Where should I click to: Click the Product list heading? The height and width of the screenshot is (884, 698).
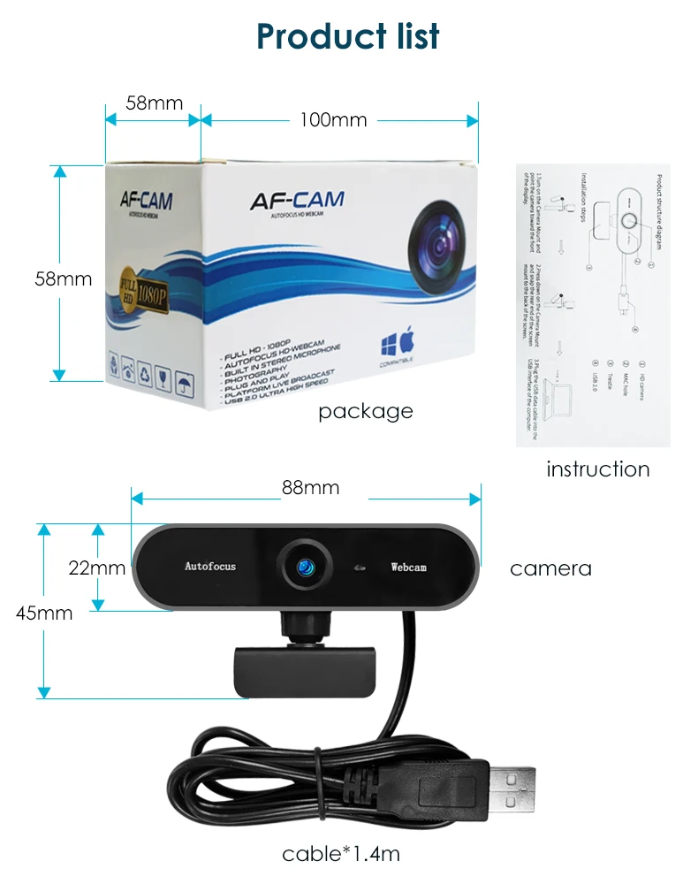click(348, 36)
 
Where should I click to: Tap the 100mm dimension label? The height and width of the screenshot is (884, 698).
click(333, 119)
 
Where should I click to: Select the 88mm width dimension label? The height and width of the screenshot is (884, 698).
click(310, 488)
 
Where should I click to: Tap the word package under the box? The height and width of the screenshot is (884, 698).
click(365, 411)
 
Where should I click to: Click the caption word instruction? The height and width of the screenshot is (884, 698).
click(597, 469)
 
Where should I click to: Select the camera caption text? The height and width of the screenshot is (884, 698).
click(550, 568)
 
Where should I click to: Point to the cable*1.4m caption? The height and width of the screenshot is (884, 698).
click(341, 854)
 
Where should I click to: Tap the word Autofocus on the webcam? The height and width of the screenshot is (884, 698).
click(210, 566)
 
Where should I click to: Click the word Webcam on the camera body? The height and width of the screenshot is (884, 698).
click(408, 567)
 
